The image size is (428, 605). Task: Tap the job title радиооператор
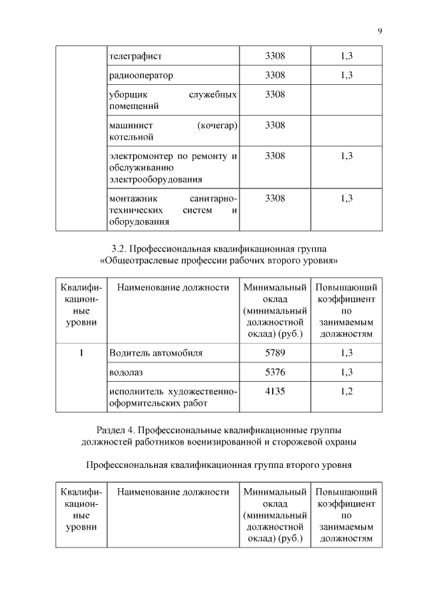coord(140,75)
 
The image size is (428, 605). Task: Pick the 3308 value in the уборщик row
coord(275,94)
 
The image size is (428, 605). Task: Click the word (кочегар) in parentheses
coord(218,126)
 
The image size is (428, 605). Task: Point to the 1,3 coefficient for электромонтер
coord(346,156)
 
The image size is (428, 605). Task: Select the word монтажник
coord(132,199)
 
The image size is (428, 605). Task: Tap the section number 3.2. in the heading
coord(118,249)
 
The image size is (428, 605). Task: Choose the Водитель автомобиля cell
coord(155,352)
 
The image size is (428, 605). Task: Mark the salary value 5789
coord(275,352)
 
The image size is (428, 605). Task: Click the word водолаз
coord(126,372)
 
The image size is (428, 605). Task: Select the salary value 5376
coord(275,372)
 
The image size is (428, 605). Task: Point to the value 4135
coord(275,391)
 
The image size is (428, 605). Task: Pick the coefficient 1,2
coord(346,391)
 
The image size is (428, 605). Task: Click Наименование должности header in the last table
coord(173,492)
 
